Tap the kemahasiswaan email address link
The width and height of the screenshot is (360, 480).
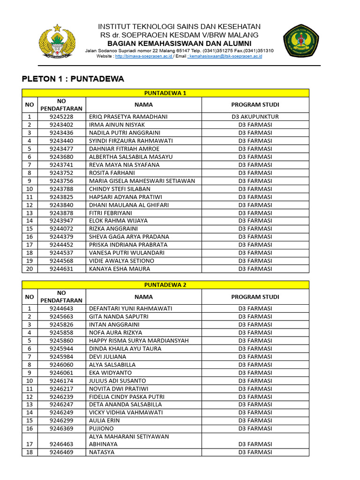pos(225,56)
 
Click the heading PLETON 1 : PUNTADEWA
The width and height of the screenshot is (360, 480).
pos(73,79)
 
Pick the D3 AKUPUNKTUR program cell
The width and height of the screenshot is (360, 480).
pos(255,117)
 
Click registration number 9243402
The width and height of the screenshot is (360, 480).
pos(61,125)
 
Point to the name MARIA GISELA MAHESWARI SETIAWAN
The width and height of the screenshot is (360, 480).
pos(142,181)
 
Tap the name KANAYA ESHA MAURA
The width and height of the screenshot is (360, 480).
pos(120,269)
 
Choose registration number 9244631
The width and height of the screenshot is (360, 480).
pos(61,269)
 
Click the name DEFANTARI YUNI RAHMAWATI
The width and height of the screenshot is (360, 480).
pos(130,308)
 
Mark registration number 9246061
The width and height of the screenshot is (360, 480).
pos(61,373)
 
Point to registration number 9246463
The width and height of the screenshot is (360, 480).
pos(61,444)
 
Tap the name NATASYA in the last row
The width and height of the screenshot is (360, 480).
pos(102,452)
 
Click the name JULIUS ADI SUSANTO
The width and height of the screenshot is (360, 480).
pos(117,381)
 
